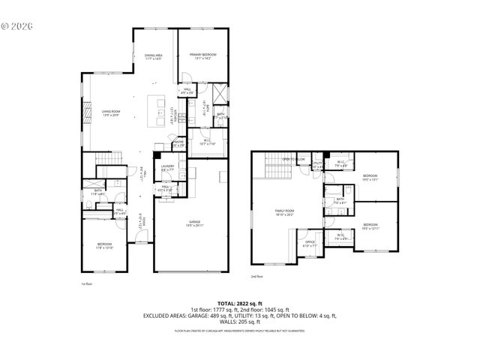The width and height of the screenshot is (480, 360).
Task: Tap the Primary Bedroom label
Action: coord(204,57)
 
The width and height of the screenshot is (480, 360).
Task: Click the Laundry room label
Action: coord(169,169)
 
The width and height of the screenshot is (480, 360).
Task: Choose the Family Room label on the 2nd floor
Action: coord(285,212)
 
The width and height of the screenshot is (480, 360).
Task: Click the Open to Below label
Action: coord(293,160)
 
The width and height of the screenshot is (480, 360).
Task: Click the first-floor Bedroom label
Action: coord(103,245)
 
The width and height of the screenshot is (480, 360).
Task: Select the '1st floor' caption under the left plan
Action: coord(86,284)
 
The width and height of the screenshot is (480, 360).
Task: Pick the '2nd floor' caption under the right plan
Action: coord(256,277)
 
